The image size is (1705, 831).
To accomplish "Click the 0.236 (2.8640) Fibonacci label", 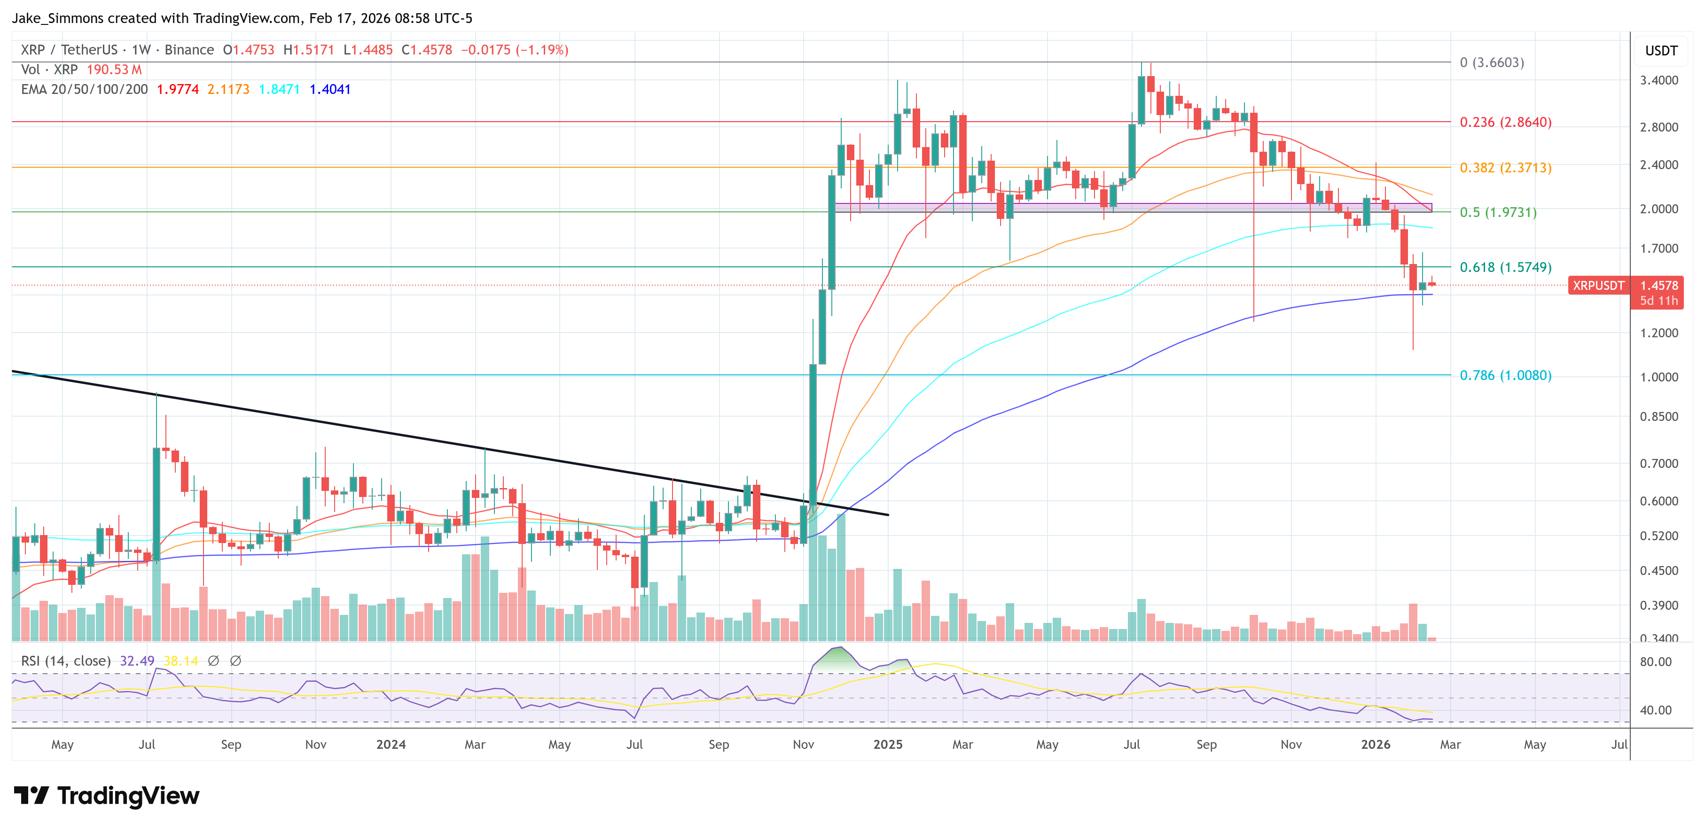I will point(1505,123).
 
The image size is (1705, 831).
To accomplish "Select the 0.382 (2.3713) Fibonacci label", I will point(1505,168).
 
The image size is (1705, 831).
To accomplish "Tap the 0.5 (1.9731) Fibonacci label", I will point(1498,212).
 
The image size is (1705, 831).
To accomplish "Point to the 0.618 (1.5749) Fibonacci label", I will point(1505,267).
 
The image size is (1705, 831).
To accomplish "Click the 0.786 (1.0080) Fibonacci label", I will point(1505,376).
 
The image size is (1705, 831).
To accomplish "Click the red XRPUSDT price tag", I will point(1598,286).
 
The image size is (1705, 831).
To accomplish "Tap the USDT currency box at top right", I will point(1661,51).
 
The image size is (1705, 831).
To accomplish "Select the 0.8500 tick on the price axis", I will point(1658,417).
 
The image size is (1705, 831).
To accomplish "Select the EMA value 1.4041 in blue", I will point(329,89).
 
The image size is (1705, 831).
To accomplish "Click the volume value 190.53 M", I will point(114,70).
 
